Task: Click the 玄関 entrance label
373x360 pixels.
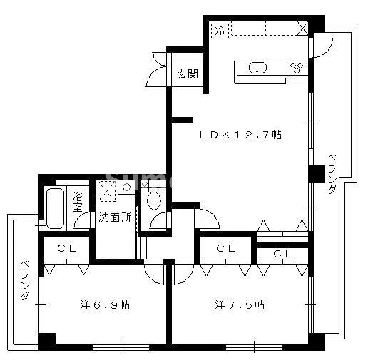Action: coord(188,73)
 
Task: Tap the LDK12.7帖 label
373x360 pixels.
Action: coord(240,134)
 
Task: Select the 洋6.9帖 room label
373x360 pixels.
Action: coord(104,305)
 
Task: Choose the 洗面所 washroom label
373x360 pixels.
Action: coord(114,217)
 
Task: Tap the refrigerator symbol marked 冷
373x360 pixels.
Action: coord(221,30)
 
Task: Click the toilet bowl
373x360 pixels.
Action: coord(153,201)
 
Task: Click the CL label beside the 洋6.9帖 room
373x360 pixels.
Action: coord(66,249)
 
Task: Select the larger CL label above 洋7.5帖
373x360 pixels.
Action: coord(225,249)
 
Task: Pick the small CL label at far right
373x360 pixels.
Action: coord(282,254)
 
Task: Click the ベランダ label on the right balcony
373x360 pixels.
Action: coord(332,175)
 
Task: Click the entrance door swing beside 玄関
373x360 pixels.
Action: coord(158,68)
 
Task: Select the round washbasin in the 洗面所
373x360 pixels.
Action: coord(126,187)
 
